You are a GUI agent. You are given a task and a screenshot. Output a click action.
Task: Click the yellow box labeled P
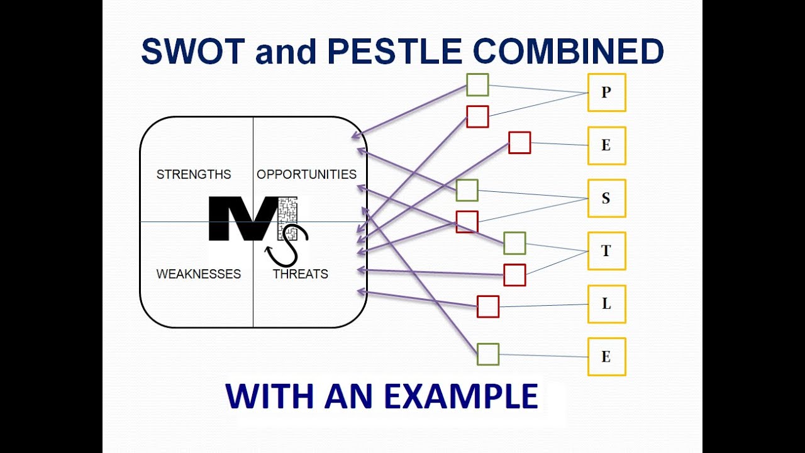[x=606, y=92]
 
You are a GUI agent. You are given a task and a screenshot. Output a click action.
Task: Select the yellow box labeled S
[x=606, y=198]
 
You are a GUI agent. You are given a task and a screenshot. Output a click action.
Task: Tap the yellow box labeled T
[x=606, y=251]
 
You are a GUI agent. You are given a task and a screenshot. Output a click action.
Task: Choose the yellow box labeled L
[x=606, y=304]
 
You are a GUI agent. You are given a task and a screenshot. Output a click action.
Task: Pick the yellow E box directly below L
[x=606, y=357]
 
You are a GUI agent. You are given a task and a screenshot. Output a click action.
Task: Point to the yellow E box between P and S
[x=606, y=145]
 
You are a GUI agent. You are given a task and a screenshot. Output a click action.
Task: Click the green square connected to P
[x=477, y=85]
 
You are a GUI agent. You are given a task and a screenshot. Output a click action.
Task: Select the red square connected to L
[x=488, y=306]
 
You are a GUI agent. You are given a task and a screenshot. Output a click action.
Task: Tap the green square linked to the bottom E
[x=488, y=354]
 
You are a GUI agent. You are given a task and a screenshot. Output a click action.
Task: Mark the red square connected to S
[x=467, y=222]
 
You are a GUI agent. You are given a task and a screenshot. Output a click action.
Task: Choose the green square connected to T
[x=514, y=243]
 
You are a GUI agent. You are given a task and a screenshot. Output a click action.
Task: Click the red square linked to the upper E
[x=519, y=143]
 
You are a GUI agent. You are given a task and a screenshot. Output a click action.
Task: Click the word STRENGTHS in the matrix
[x=194, y=174]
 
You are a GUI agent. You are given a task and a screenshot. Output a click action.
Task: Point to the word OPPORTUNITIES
[x=306, y=174]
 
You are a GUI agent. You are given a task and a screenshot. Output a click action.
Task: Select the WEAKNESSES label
[x=198, y=274]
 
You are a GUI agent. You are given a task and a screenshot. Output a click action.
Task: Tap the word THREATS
[x=300, y=274]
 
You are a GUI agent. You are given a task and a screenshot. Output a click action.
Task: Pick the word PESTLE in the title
[x=396, y=52]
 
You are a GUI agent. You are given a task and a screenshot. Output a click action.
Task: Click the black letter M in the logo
[x=242, y=219]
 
